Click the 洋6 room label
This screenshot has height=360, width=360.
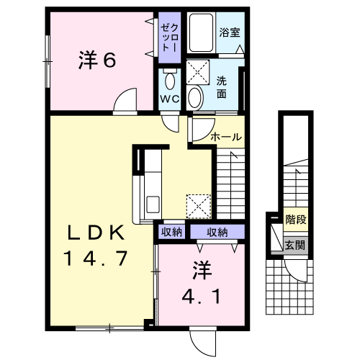pyautogui.click(x=96, y=60)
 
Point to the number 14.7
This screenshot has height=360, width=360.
pyautogui.click(x=96, y=257)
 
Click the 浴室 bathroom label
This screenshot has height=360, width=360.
pyautogui.click(x=229, y=32)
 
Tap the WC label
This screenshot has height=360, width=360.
pyautogui.click(x=170, y=99)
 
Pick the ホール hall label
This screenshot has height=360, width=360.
pyautogui.click(x=225, y=137)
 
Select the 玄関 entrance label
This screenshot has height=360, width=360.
pyautogui.click(x=294, y=245)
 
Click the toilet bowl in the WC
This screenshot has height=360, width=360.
pyautogui.click(x=170, y=78)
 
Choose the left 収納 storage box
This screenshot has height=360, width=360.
pyautogui.click(x=171, y=232)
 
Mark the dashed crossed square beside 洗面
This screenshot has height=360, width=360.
pyautogui.click(x=197, y=71)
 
